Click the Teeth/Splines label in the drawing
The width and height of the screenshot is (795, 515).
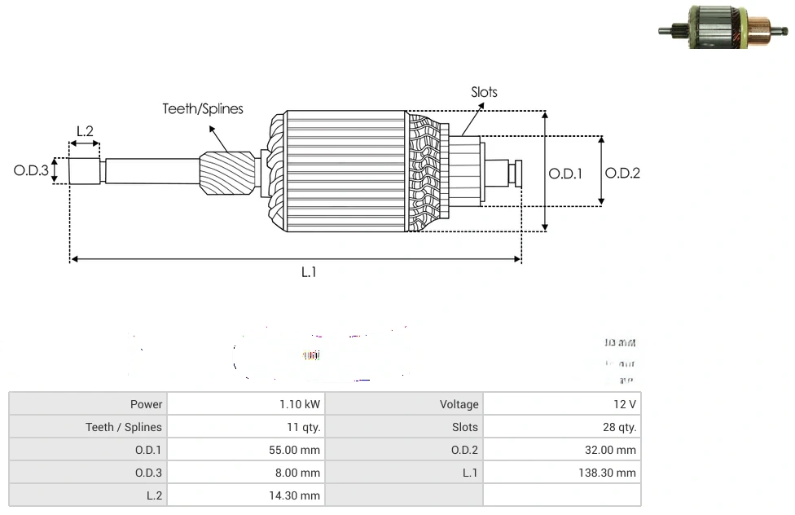click(203, 108)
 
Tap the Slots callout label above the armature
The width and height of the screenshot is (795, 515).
click(484, 92)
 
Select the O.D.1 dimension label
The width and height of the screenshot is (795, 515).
click(565, 173)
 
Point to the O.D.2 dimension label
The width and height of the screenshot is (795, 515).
click(622, 173)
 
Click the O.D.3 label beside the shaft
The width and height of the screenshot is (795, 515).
click(32, 171)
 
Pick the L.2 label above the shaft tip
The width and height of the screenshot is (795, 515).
click(85, 130)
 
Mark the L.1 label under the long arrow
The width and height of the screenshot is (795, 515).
click(308, 272)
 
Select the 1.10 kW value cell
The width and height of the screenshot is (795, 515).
click(300, 404)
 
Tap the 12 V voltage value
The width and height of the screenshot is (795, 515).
click(625, 404)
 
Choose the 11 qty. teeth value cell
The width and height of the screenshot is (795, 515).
click(302, 427)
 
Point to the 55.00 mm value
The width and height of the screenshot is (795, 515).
click(298, 450)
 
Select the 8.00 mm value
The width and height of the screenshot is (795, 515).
click(301, 473)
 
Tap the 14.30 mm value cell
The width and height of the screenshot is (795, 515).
click(298, 495)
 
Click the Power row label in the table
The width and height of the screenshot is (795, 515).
click(146, 404)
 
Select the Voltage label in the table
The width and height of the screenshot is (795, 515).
click(459, 404)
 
